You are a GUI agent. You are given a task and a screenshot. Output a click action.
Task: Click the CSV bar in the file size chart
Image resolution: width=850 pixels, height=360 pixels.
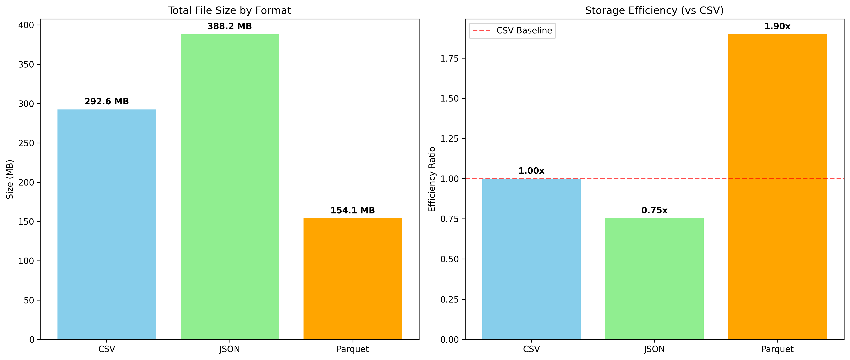[x=107, y=224]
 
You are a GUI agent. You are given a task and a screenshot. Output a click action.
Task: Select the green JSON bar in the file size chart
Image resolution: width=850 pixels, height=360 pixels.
[x=230, y=187]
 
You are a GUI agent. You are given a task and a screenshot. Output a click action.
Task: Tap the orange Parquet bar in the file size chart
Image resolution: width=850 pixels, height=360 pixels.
[x=352, y=279]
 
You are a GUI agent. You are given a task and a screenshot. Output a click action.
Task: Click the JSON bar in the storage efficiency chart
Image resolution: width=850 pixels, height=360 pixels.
[x=654, y=279]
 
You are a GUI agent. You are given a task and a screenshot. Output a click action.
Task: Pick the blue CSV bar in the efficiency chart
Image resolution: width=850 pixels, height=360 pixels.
[x=531, y=259]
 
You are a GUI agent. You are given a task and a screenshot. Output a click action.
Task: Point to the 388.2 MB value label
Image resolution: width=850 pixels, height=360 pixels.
[x=230, y=26]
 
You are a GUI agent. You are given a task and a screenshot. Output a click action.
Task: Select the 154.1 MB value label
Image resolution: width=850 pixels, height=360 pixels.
[x=352, y=211]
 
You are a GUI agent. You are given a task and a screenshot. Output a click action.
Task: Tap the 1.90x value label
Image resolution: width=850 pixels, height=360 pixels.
[x=777, y=26]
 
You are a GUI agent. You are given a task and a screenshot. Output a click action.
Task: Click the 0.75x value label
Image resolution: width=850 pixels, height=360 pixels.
[x=654, y=211]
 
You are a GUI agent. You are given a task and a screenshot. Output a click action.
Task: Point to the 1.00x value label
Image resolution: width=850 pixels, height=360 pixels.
[x=531, y=171]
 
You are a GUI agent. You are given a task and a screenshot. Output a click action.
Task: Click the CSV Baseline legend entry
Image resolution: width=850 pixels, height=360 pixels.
[x=512, y=31]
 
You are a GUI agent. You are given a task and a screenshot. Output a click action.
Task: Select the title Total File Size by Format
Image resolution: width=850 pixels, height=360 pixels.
[x=230, y=11]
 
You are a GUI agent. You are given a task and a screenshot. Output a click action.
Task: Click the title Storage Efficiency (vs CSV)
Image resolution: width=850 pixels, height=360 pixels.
[x=654, y=11]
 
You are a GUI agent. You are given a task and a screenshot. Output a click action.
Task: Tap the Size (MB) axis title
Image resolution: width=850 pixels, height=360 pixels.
[x=10, y=179]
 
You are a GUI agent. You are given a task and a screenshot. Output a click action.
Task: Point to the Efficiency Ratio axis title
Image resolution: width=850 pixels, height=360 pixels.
[x=432, y=179]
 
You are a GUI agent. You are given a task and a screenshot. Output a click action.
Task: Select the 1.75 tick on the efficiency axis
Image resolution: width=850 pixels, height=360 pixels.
[x=449, y=59]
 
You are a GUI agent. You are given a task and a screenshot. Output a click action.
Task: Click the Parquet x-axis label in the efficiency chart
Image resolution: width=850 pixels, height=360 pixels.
[x=777, y=349]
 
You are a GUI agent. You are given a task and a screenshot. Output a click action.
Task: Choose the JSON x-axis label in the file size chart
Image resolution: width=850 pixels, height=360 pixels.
[x=230, y=349]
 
